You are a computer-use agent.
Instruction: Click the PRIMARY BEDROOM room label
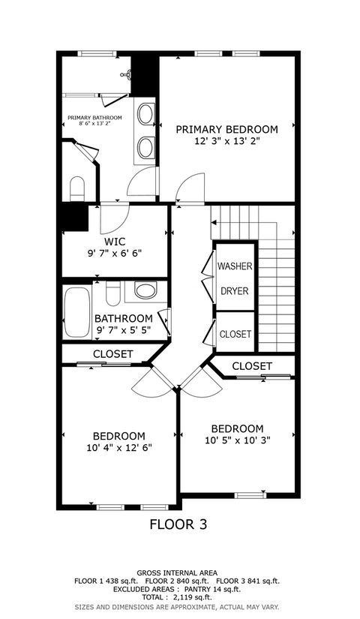pyautogui.click(x=226, y=129)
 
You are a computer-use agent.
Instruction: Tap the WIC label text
pyautogui.click(x=115, y=242)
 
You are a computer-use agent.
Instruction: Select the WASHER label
pyautogui.click(x=235, y=266)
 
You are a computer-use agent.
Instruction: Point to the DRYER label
pyautogui.click(x=235, y=291)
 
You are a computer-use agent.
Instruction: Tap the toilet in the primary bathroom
pyautogui.click(x=77, y=188)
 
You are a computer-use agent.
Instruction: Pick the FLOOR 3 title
pyautogui.click(x=178, y=524)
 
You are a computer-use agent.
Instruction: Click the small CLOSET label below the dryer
pyautogui.click(x=235, y=334)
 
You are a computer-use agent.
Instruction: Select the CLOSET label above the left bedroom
pyautogui.click(x=113, y=353)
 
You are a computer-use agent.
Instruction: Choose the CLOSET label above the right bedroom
pyautogui.click(x=252, y=365)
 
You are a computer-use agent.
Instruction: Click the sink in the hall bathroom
pyautogui.click(x=146, y=290)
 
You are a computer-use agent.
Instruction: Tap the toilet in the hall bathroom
pyautogui.click(x=113, y=291)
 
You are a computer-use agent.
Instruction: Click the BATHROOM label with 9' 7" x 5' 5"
pyautogui.click(x=124, y=318)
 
